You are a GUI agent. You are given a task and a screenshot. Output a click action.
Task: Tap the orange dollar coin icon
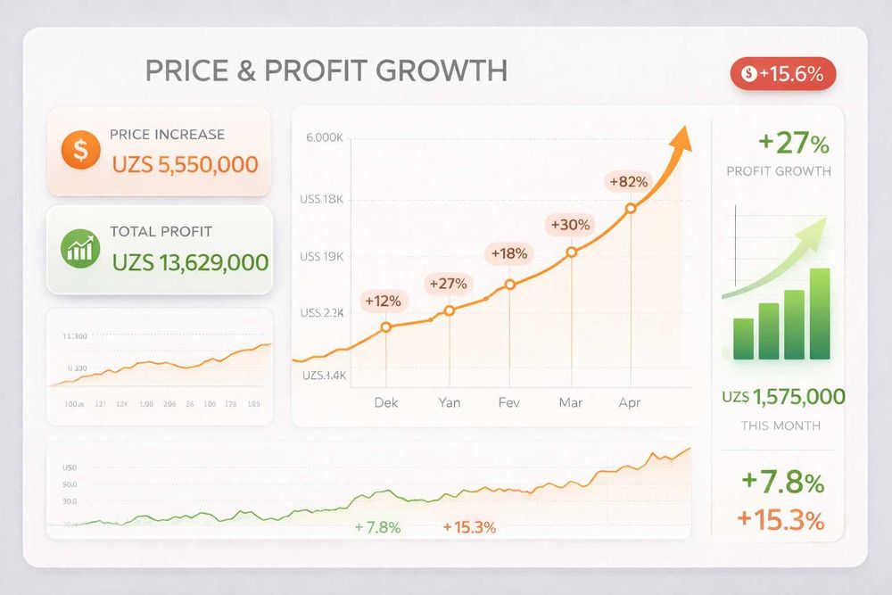tap(80, 150)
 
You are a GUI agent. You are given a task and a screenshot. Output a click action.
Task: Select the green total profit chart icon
tap(80, 248)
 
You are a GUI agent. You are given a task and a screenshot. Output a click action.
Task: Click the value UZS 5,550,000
tap(185, 164)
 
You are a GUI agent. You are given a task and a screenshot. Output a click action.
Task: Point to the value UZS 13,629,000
tap(190, 262)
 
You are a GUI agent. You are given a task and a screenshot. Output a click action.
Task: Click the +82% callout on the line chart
tap(628, 182)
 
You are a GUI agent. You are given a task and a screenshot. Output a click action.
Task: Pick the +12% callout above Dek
tap(382, 301)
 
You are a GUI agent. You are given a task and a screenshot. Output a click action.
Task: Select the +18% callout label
tap(508, 253)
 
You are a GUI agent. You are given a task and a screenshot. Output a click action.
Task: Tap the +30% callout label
tap(570, 225)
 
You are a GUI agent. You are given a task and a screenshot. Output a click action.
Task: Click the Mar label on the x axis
tap(570, 402)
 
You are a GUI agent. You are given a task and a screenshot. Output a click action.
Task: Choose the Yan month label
tap(450, 402)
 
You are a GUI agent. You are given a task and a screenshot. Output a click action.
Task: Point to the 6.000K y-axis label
tap(324, 138)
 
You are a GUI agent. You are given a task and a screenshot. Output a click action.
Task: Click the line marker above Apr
tap(631, 208)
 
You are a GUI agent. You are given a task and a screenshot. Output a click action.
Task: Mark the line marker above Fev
tap(510, 285)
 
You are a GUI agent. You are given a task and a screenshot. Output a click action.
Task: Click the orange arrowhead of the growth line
tap(681, 138)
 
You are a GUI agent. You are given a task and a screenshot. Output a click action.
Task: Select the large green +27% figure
tap(793, 143)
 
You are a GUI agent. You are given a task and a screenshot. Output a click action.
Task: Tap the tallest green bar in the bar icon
tap(819, 313)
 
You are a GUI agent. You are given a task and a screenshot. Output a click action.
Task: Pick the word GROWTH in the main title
tap(442, 70)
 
